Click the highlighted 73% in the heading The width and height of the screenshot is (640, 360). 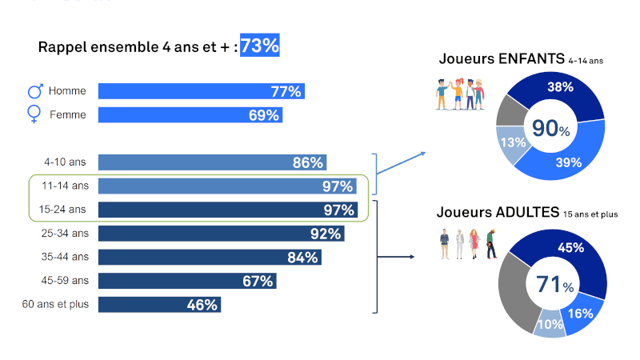click(x=260, y=46)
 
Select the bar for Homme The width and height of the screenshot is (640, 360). click(x=200, y=91)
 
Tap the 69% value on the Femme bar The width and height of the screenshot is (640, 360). click(x=263, y=115)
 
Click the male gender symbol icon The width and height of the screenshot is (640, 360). click(x=36, y=90)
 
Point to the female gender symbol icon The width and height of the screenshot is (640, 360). click(x=34, y=114)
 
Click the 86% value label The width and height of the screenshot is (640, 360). click(x=308, y=162)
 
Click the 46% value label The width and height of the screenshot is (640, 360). click(x=202, y=305)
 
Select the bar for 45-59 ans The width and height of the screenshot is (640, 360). click(x=184, y=281)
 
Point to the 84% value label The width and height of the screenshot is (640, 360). click(x=303, y=258)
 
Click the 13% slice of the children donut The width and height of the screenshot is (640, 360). click(x=511, y=143)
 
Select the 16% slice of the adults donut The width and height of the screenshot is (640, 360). click(x=582, y=313)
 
